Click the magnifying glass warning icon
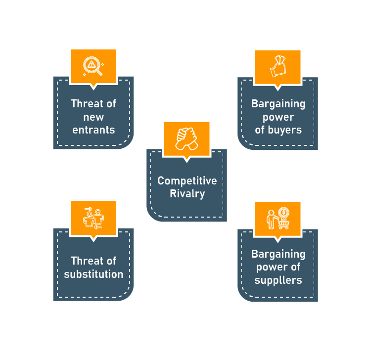(93, 66)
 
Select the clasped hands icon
(186, 138)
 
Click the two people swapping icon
(93, 218)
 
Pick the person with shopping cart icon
(278, 219)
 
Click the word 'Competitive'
(187, 181)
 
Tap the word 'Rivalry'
(187, 194)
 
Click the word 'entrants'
(93, 131)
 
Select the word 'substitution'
(93, 274)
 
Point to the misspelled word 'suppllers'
(278, 280)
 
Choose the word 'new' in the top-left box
(93, 117)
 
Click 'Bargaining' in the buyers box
(278, 104)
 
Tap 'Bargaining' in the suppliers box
(278, 254)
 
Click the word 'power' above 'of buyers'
(278, 117)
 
